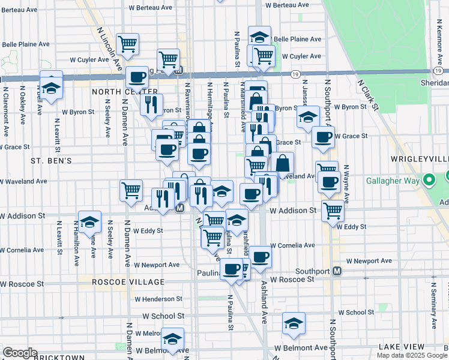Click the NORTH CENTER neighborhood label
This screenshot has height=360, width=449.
(116, 92)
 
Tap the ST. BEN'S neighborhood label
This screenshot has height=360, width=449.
(52, 161)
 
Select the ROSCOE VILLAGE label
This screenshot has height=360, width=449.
(128, 282)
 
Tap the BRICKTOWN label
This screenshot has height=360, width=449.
(59, 358)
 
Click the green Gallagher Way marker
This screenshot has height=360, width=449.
(429, 180)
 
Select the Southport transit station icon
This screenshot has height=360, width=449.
(337, 271)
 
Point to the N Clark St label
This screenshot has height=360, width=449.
(367, 95)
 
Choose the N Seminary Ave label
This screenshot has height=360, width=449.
(433, 300)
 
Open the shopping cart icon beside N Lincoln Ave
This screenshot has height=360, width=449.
(127, 43)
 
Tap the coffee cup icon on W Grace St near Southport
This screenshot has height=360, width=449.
(323, 136)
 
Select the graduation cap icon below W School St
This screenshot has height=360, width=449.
(294, 323)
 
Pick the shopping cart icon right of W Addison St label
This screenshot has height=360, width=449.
(332, 211)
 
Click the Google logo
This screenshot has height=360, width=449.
(19, 353)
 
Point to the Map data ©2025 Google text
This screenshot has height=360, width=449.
(412, 355)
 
